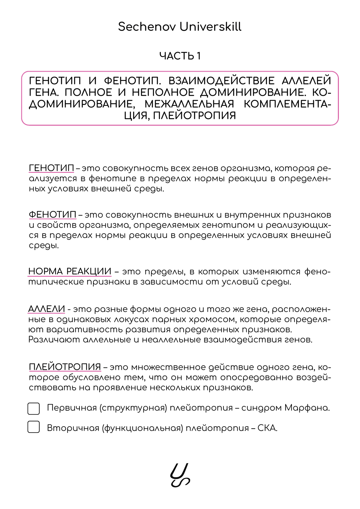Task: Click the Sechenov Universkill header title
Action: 180,27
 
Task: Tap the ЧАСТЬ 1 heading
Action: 180,56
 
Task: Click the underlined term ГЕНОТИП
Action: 51,168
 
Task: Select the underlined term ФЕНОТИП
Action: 52,215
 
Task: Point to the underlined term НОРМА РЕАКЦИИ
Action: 70,271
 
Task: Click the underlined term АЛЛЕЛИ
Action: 46,309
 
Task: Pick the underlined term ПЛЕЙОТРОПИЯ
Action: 65,367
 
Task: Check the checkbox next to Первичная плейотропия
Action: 34,409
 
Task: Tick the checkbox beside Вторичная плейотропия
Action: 34,427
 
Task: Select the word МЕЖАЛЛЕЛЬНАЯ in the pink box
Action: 189,104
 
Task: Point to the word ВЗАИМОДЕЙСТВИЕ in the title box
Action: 221,81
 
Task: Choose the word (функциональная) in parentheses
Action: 142,428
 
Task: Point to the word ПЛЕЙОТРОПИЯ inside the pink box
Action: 194,115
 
